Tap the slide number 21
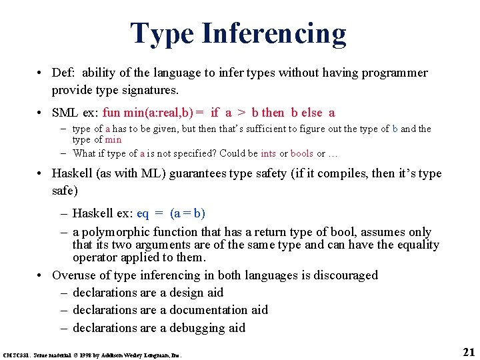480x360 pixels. point(468,352)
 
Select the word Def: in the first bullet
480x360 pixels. point(64,73)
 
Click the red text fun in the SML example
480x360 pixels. point(112,113)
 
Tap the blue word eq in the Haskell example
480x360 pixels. point(143,213)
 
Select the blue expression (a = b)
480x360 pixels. point(188,213)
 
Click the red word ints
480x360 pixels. point(268,153)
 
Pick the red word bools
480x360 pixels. point(301,153)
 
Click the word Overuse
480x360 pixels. point(75,275)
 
